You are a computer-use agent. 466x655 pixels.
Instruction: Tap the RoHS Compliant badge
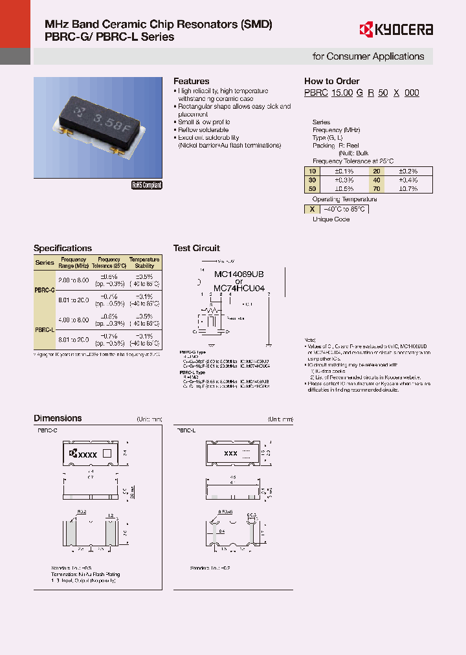[147, 185]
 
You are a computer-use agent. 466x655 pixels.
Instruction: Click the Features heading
[191, 82]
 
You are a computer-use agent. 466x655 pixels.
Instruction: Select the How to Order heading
[332, 82]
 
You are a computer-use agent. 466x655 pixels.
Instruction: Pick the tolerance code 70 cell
[376, 188]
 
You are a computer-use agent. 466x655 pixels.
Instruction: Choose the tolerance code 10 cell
[313, 172]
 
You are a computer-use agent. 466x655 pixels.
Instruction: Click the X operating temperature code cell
[312, 209]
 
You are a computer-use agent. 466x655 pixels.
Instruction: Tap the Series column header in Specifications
[45, 263]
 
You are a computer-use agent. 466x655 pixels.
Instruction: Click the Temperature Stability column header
[144, 262]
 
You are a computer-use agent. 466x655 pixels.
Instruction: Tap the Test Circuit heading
[197, 249]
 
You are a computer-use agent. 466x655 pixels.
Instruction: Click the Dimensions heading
[58, 419]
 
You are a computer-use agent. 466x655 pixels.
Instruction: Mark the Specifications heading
[63, 249]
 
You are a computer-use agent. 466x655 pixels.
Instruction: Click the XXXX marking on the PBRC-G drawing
[87, 454]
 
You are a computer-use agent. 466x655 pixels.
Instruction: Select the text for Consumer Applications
[368, 56]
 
